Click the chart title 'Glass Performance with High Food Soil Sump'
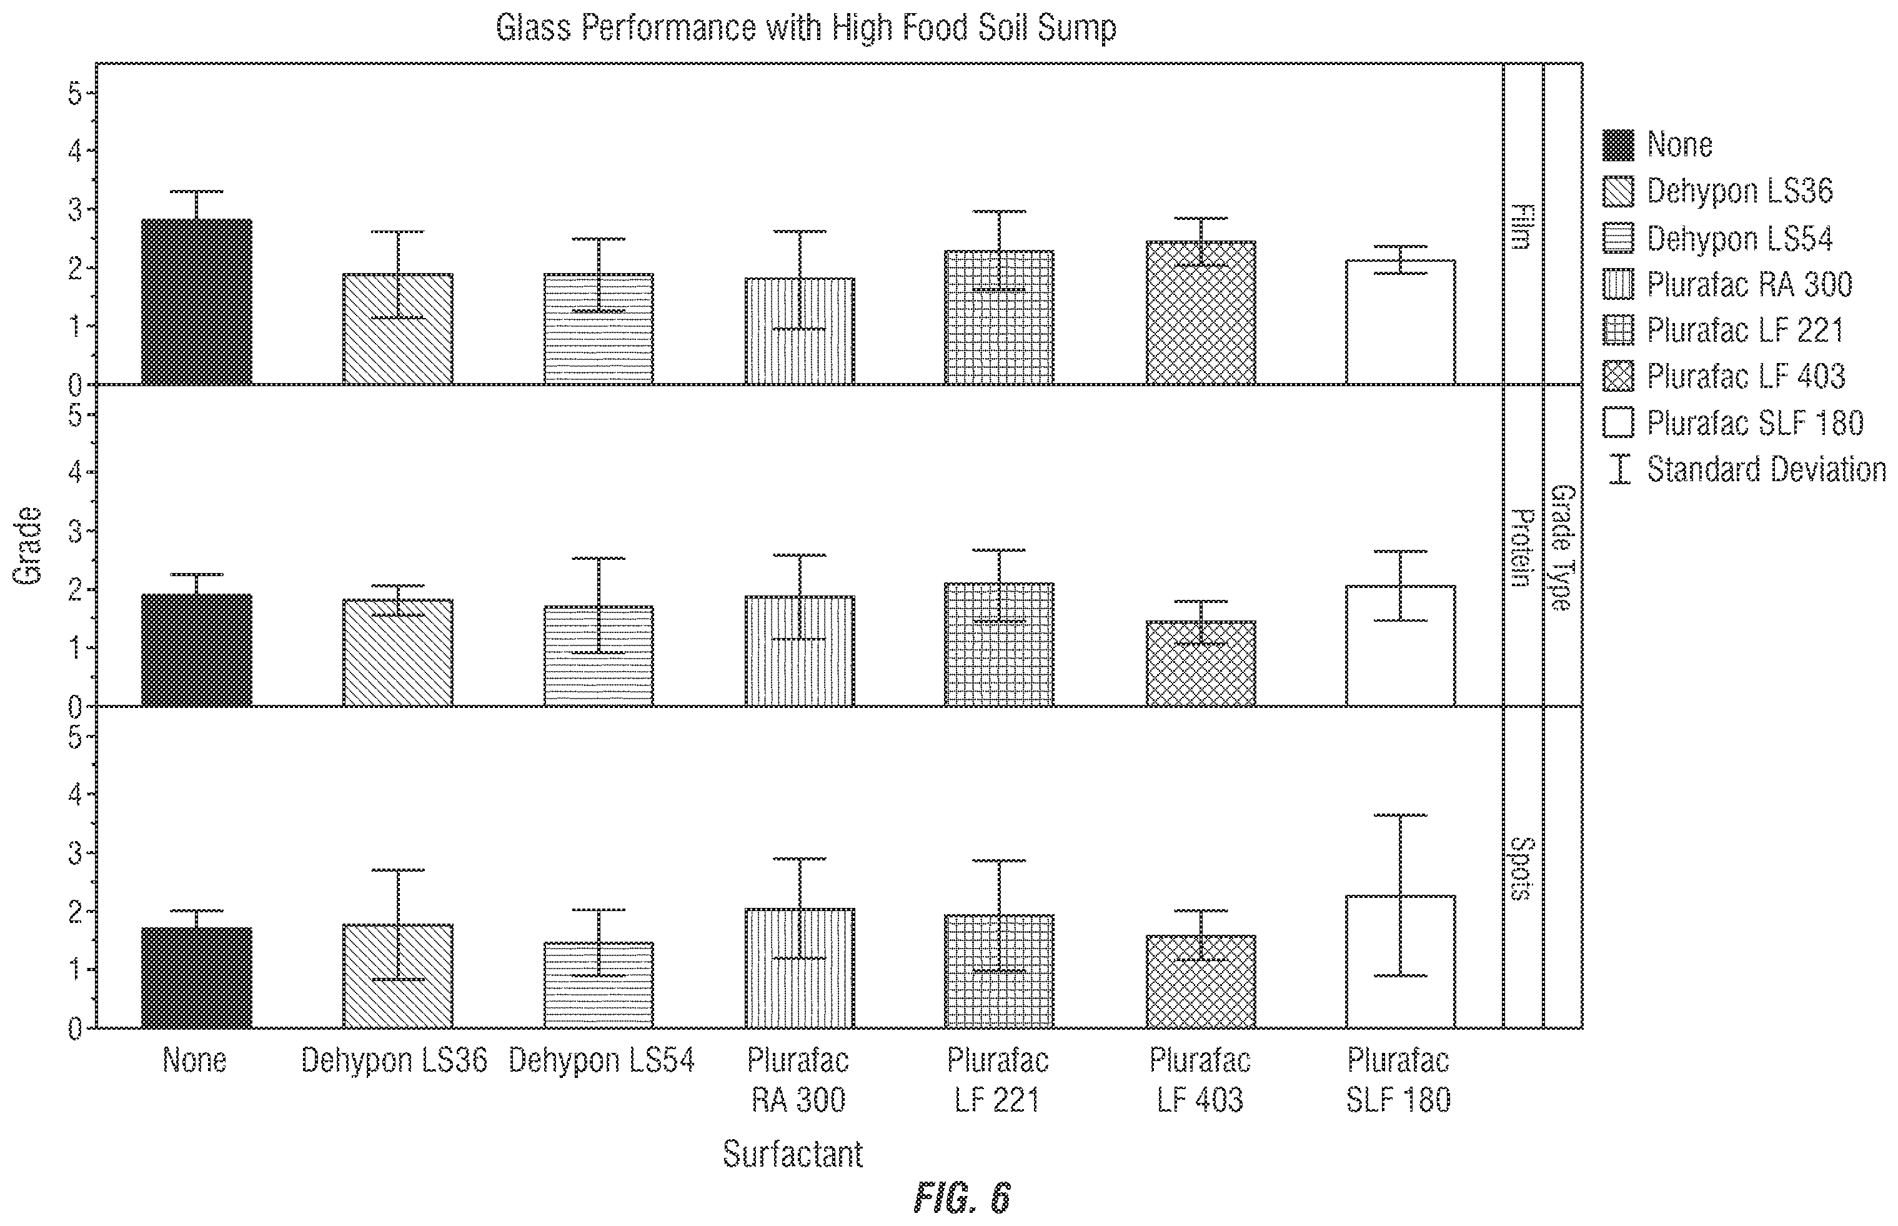[x=805, y=28]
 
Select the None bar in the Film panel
[x=197, y=302]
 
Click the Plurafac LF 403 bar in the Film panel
[x=1201, y=313]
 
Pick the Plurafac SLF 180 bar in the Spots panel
[x=1401, y=962]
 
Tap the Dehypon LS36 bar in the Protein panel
[x=398, y=653]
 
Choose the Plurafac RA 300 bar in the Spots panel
[x=800, y=968]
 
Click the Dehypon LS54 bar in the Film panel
[x=599, y=329]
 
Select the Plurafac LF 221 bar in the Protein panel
[x=1000, y=645]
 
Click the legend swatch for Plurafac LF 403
[x=1618, y=376]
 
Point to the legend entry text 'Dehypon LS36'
[x=1740, y=191]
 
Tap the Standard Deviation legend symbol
[x=1619, y=469]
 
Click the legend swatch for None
[x=1618, y=145]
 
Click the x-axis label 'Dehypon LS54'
[x=602, y=1060]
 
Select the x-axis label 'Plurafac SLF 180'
[x=1398, y=1080]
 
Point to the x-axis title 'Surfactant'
[x=793, y=1154]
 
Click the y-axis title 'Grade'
[x=28, y=546]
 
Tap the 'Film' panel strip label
[x=1521, y=227]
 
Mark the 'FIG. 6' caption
[x=962, y=1197]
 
